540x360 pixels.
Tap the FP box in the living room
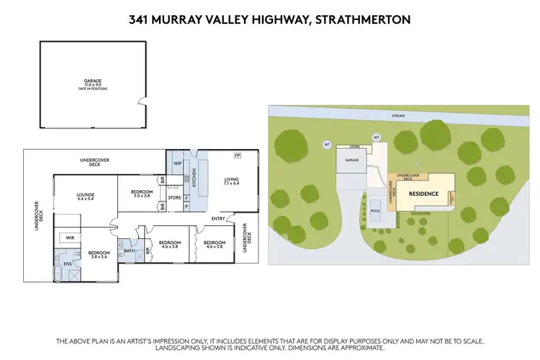[236, 156]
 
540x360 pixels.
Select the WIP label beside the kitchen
[176, 163]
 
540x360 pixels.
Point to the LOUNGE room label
[86, 194]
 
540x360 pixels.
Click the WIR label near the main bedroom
[70, 237]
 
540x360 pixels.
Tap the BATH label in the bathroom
[130, 251]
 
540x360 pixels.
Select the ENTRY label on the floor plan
[217, 218]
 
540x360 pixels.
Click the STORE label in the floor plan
[174, 197]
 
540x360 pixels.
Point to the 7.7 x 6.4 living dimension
[231, 184]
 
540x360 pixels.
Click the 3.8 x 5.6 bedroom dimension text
[98, 256]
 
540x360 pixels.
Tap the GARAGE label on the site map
[352, 161]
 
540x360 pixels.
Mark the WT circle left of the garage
[327, 145]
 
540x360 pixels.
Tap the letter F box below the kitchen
[186, 197]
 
